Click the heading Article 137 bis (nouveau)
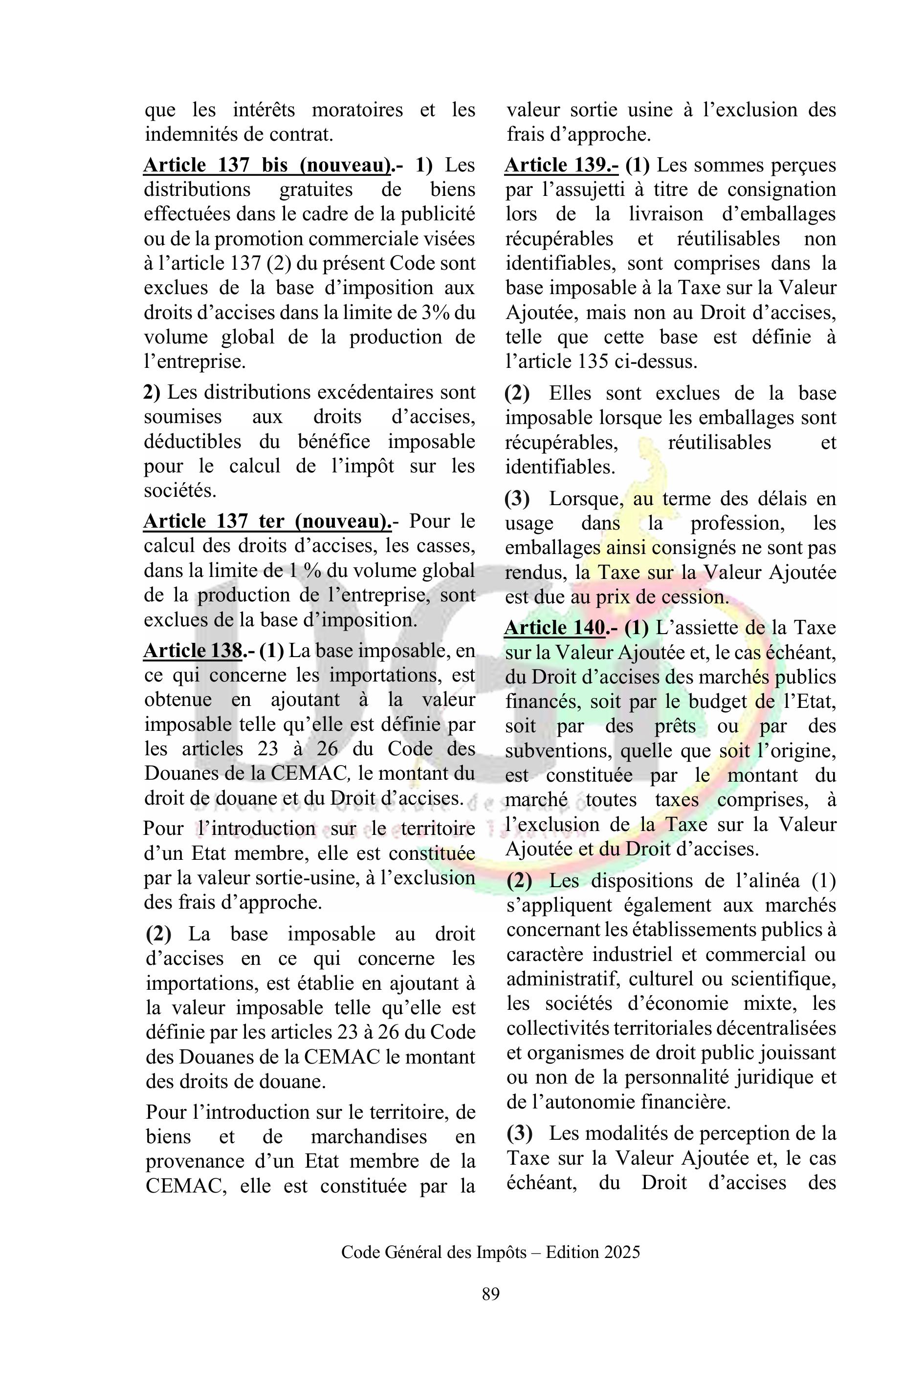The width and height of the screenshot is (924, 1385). [267, 166]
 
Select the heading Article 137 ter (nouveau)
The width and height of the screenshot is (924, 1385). [267, 521]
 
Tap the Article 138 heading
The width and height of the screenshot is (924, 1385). [193, 650]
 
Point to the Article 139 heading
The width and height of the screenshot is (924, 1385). [561, 166]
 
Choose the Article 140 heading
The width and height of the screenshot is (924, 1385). [554, 628]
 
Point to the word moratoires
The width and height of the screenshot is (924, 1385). [357, 110]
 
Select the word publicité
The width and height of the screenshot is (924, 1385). [438, 214]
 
